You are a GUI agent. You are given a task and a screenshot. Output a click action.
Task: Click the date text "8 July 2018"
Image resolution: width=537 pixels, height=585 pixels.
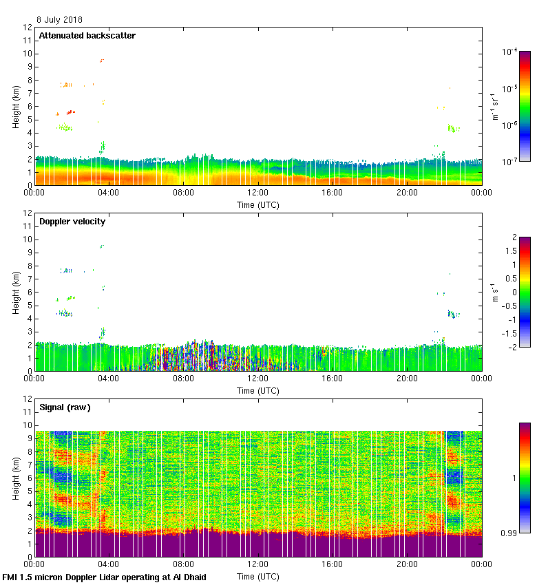tap(59, 20)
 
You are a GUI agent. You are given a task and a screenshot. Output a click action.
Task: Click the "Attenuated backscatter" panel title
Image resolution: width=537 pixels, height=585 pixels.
tap(87, 36)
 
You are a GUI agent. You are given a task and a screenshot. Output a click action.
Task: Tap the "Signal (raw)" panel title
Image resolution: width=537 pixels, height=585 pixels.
tap(65, 407)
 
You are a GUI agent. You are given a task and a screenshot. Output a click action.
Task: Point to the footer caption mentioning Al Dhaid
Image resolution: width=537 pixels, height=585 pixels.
tap(105, 577)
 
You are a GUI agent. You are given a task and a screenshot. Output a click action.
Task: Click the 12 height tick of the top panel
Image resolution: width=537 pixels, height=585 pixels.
tap(28, 28)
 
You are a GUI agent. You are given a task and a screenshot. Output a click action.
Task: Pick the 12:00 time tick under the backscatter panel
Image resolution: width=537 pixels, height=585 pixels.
tap(257, 193)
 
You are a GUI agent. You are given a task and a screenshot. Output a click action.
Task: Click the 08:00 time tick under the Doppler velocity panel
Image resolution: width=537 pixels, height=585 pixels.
tap(183, 379)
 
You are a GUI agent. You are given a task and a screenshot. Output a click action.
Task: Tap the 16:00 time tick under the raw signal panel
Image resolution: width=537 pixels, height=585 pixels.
tap(332, 565)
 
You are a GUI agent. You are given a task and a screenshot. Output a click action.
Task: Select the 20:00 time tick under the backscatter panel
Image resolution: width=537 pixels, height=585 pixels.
tap(406, 193)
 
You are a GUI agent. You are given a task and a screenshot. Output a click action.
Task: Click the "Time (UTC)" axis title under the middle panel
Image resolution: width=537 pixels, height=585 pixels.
tap(258, 390)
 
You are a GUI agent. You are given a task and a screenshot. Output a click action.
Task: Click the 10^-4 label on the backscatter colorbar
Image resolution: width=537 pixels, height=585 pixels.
tap(509, 52)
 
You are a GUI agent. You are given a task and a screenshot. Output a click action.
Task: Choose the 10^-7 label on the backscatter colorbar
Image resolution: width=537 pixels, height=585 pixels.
tap(509, 162)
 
